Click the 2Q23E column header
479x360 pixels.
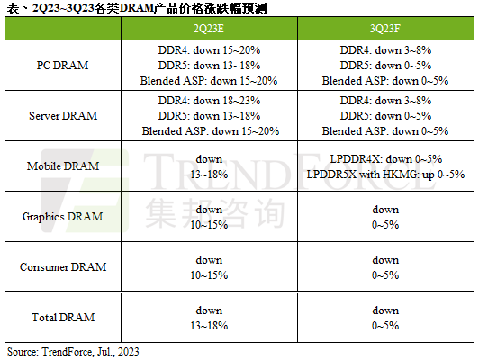pos(209,29)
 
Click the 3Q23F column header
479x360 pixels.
pos(384,29)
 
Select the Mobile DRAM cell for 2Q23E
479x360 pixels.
pos(209,166)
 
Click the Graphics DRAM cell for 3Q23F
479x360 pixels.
pos(384,217)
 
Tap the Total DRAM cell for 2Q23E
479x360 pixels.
pos(209,317)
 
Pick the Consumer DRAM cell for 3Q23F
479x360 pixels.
pos(384,267)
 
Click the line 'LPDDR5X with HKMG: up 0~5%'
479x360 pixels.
pos(384,174)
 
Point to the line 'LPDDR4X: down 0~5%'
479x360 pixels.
pos(384,160)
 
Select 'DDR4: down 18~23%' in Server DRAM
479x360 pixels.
pos(209,103)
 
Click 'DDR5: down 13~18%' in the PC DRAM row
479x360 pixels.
pos(209,67)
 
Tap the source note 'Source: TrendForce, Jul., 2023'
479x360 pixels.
pos(73,351)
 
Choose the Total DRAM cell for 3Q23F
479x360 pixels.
pos(384,317)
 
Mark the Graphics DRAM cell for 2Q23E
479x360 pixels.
pos(209,217)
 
